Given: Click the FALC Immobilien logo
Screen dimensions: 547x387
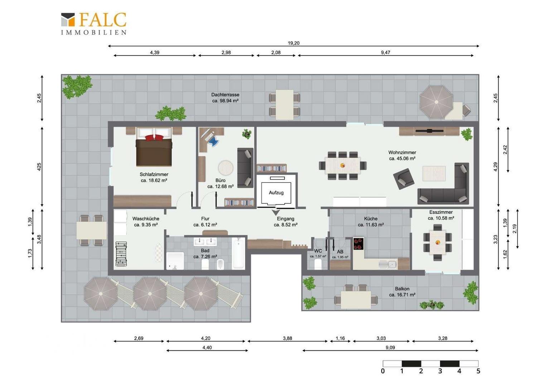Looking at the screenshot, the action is [94, 23].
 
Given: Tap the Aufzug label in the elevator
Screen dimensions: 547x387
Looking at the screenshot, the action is [276, 193].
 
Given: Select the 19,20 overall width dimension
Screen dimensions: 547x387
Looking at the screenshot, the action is [294, 43].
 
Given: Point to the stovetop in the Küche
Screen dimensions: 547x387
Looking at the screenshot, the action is [358, 244].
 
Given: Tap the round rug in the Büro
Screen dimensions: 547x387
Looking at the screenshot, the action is [226, 168].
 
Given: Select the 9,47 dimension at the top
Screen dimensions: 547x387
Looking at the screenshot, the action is [386, 53].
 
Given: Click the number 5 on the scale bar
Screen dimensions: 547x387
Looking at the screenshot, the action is [478, 371].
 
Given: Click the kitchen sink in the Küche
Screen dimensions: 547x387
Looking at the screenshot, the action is [388, 264].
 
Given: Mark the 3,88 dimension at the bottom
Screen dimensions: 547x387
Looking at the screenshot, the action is [287, 338].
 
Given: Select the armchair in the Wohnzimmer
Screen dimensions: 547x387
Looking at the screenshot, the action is [404, 179].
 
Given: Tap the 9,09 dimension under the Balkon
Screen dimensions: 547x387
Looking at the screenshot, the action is [390, 348].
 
